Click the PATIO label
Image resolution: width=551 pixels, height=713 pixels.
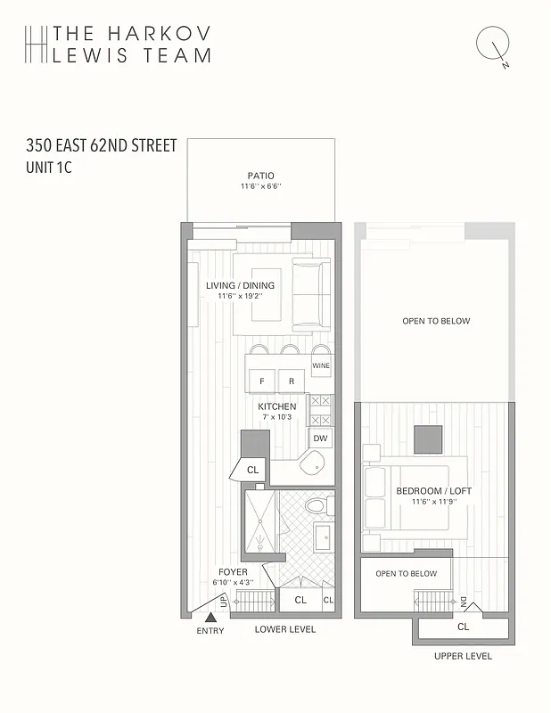point(260,176)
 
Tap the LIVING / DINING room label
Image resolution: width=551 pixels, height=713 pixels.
point(240,286)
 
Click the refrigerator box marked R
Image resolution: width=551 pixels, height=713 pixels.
point(291,381)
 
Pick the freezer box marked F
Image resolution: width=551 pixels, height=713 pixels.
point(261,381)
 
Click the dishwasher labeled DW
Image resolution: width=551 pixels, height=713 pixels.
point(319,438)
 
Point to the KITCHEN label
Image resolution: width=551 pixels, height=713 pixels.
point(277,406)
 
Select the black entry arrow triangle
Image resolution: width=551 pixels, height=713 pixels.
point(210,617)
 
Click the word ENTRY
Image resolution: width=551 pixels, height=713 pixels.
point(210,631)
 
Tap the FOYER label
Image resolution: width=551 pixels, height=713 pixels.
point(233,572)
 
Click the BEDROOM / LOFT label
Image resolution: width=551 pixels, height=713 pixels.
point(435,491)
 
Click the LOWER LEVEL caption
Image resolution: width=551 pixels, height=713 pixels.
point(285,629)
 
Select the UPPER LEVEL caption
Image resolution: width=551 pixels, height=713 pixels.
point(463,656)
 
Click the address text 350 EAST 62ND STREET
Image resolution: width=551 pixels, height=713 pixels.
point(102,146)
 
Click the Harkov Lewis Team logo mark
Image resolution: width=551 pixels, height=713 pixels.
point(35,44)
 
